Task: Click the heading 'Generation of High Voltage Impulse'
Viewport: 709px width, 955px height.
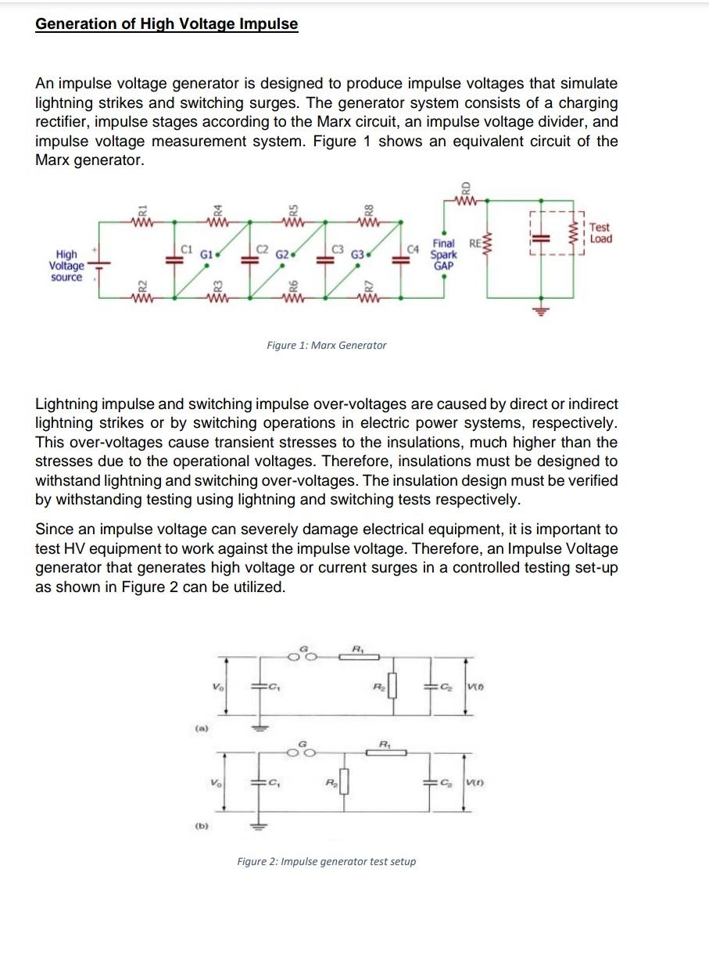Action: [x=167, y=24]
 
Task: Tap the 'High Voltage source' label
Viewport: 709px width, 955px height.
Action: [x=66, y=266]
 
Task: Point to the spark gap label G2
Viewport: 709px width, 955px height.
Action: [x=282, y=254]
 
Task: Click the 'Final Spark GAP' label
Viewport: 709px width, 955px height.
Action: [x=444, y=254]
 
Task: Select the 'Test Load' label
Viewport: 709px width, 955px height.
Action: [x=600, y=233]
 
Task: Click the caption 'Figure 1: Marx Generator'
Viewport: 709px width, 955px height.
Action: [x=326, y=345]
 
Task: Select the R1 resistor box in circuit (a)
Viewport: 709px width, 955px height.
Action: [x=359, y=657]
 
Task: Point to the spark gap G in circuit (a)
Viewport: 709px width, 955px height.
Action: [x=304, y=655]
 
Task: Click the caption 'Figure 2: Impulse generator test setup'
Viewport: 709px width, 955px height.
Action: [x=326, y=861]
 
